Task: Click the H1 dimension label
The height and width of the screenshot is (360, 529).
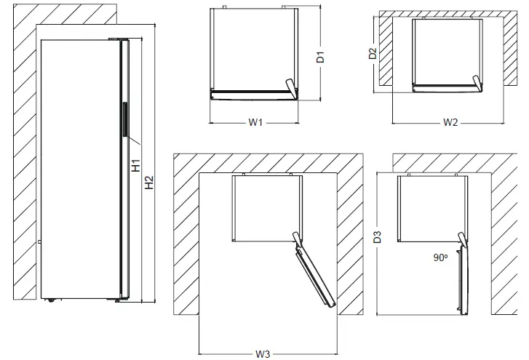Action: pos(136,165)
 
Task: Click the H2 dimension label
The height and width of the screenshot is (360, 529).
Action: pos(150,183)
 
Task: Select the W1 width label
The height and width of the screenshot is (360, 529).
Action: pos(255,122)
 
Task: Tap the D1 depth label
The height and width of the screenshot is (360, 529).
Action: pos(320,58)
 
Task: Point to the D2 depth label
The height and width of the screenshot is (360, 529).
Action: pos(372,53)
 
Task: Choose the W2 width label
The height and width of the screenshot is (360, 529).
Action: pos(450,122)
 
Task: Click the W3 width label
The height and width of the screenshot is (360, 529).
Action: pos(263,353)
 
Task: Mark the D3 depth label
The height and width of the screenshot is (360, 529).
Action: pos(377,236)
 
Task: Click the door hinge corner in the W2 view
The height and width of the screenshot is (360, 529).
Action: pos(477,84)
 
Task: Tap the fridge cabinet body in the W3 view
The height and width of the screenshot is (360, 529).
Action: pos(265,207)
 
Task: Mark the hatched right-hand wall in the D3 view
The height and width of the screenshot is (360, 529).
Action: pos(506,240)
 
